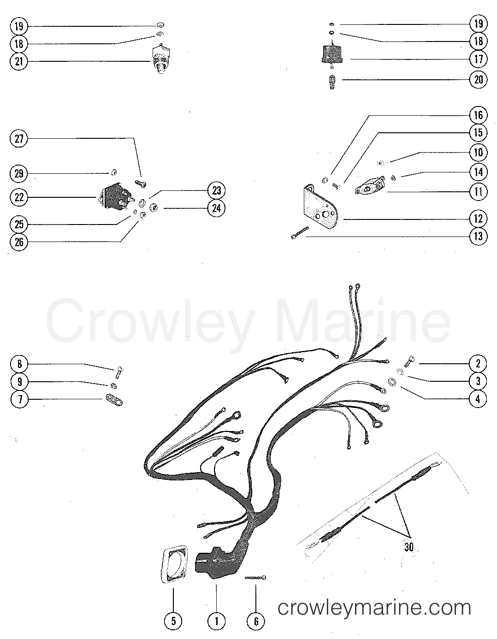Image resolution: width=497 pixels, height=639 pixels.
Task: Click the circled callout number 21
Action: [x=19, y=62]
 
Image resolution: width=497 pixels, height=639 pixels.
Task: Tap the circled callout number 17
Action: [x=478, y=59]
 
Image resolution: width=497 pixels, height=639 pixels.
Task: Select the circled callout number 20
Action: [x=478, y=79]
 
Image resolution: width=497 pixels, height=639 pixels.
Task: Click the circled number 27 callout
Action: [x=19, y=139]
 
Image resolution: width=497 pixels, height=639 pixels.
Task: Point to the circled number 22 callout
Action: [x=19, y=197]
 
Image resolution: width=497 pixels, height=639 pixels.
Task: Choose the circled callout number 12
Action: [x=478, y=219]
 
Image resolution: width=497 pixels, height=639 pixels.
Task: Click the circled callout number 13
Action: [x=478, y=237]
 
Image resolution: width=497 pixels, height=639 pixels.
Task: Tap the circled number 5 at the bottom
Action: [x=173, y=621]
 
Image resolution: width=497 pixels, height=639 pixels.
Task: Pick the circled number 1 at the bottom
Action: [x=216, y=621]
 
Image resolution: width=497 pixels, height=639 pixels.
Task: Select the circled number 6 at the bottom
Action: [x=256, y=621]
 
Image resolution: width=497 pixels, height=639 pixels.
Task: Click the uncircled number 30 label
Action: [x=408, y=547]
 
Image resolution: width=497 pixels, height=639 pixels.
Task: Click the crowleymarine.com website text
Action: [x=374, y=607]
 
